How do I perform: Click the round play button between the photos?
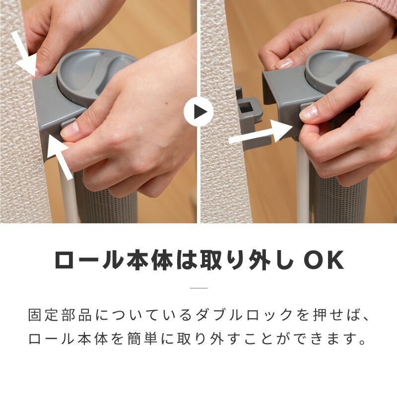[198, 112]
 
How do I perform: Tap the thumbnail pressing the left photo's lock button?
[70, 130]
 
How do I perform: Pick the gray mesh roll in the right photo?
[337, 198]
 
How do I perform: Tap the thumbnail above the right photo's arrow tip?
[309, 113]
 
